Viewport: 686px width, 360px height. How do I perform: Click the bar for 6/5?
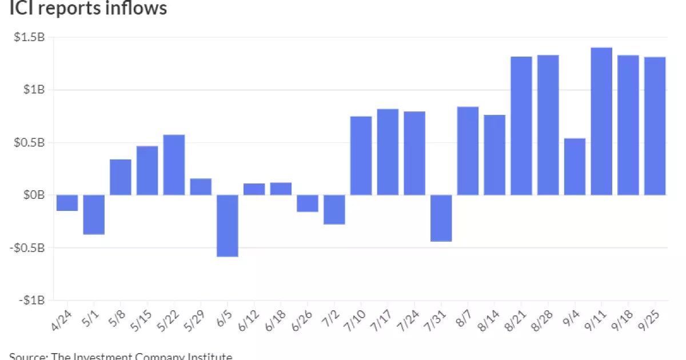click(x=228, y=226)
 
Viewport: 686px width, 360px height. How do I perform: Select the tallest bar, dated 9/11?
click(x=601, y=121)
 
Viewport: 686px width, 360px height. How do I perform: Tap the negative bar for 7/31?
click(x=441, y=218)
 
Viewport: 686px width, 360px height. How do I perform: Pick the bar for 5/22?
click(x=174, y=165)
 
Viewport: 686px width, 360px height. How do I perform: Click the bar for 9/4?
click(x=575, y=167)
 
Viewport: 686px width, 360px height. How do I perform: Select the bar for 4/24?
click(x=67, y=203)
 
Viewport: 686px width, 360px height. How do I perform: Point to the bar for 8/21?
click(x=521, y=126)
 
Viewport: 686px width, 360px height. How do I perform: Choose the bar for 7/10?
click(x=361, y=155)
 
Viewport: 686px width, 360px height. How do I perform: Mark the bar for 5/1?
click(x=94, y=215)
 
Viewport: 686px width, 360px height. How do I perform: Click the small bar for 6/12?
click(x=254, y=189)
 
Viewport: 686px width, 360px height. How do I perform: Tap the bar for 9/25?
click(x=655, y=126)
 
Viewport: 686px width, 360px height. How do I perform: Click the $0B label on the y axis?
click(x=35, y=195)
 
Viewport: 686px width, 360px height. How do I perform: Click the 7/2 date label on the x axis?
click(x=332, y=317)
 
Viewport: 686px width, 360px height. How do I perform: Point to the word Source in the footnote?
click(x=27, y=356)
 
